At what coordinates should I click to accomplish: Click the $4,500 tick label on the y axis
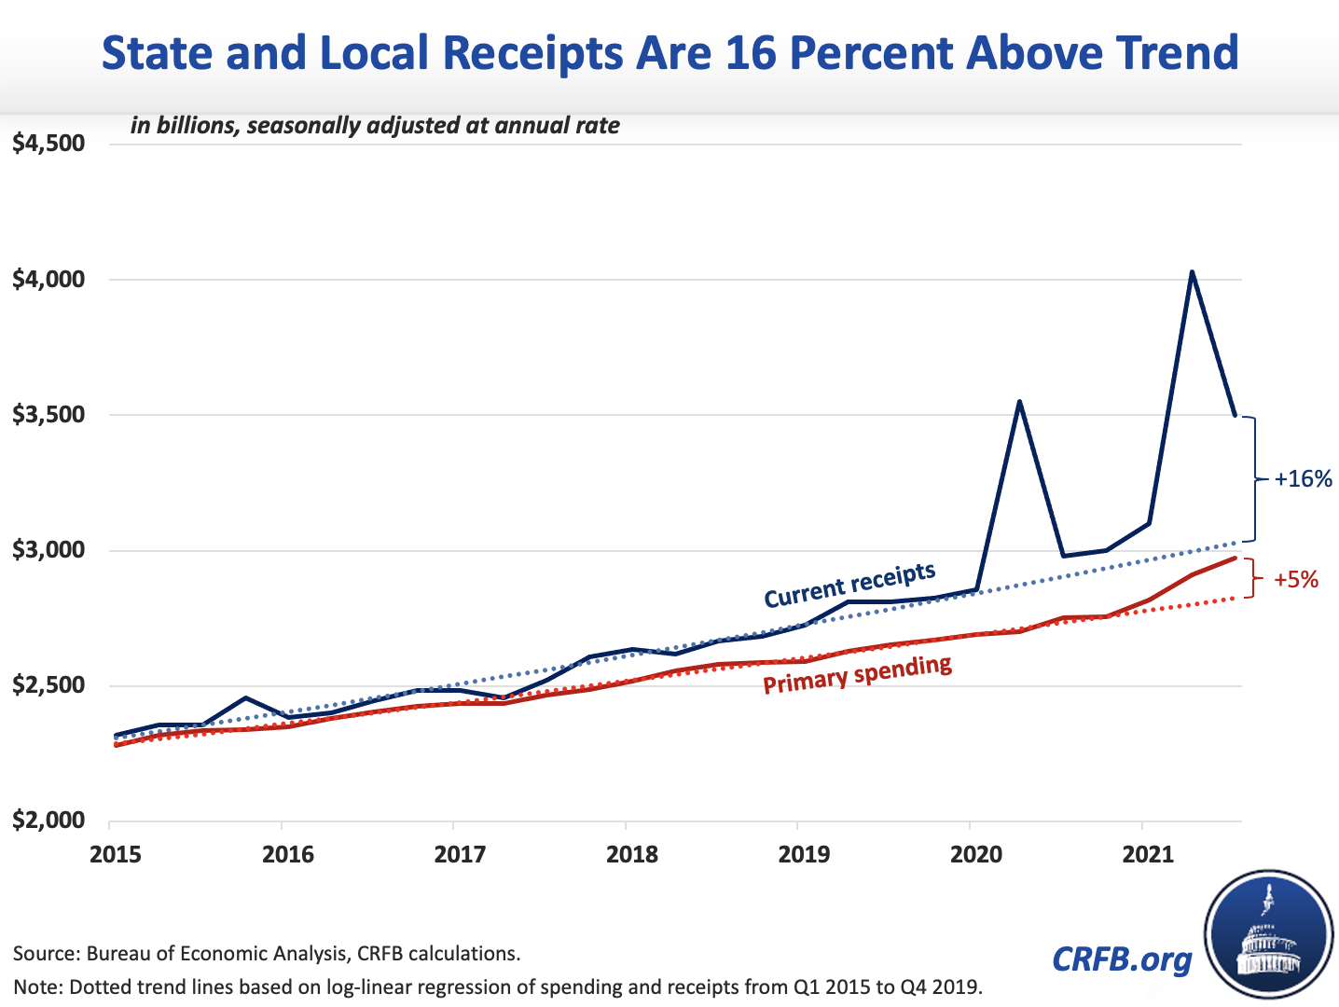pos(48,145)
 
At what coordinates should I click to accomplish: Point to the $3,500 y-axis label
pos(48,415)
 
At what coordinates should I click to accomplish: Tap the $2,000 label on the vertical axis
pos(48,821)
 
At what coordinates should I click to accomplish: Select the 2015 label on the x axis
pos(116,854)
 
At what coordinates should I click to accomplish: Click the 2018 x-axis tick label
pos(632,854)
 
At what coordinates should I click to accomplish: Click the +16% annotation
pos(1304,479)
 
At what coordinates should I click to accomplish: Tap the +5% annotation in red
pos(1296,580)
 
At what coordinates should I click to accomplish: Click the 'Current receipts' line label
pos(849,585)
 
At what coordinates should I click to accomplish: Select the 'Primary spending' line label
pos(858,674)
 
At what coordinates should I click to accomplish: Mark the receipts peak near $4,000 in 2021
pos(1192,272)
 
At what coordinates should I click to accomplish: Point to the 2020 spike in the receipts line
pos(1020,402)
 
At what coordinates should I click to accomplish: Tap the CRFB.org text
pos(1122,959)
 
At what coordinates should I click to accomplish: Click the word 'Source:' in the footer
pos(47,954)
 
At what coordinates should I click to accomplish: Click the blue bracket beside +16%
pos(1254,478)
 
